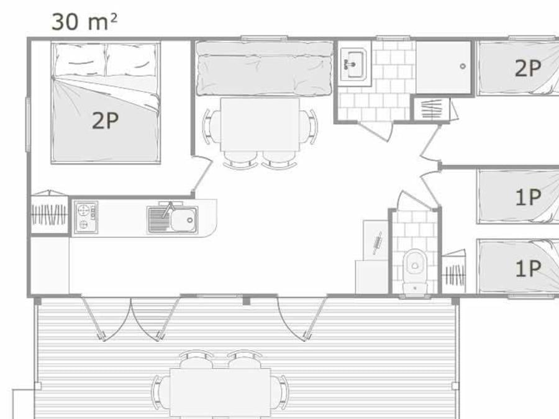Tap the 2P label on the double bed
[105, 120]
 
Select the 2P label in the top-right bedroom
[528, 68]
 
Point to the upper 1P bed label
[529, 197]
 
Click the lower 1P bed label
[529, 268]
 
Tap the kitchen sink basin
[184, 220]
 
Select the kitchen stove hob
[86, 217]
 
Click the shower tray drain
[463, 66]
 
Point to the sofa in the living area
[264, 68]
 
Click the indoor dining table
[260, 124]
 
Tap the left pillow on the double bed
[80, 60]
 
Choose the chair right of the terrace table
[279, 392]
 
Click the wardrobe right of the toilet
[454, 272]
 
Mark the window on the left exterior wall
[28, 125]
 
